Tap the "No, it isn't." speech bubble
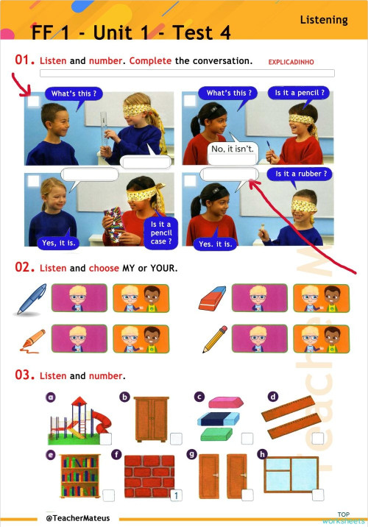[233, 149]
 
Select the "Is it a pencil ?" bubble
[300, 93]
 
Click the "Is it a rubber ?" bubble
[300, 174]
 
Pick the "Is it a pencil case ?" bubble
[160, 232]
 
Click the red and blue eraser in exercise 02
[213, 299]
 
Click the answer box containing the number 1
[176, 495]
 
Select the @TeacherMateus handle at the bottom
[77, 518]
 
